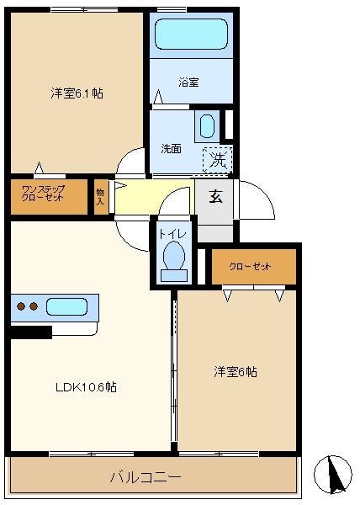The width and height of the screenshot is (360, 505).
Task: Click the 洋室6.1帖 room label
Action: coord(77,93)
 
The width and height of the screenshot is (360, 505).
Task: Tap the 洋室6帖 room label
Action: coord(236,372)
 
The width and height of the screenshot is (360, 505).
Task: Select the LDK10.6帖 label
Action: coord(86,386)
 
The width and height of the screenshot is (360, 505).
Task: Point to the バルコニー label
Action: coord(146,476)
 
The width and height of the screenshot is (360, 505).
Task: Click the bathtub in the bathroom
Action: coord(192,35)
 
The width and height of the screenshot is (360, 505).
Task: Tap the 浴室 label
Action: coord(188,82)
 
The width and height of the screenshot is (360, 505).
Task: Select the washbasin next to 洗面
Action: coord(207,126)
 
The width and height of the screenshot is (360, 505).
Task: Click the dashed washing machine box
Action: coord(218,160)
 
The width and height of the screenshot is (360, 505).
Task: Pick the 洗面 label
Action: coord(171,149)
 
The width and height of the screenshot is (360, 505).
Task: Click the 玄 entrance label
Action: coord(215,196)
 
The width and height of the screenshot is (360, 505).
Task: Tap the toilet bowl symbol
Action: coord(174,256)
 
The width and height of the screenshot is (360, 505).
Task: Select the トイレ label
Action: coord(173,233)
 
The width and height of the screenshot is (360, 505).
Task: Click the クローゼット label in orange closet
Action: coord(250,267)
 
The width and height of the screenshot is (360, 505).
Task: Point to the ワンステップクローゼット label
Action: coord(43,194)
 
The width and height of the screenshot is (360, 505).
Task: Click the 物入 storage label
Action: coord(100,197)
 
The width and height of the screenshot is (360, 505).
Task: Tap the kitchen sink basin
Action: coord(67,306)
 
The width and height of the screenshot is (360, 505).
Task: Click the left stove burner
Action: coord(21,306)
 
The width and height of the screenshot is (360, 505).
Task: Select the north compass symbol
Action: coord(333,475)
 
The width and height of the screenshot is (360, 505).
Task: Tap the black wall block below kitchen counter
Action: coord(31,332)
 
